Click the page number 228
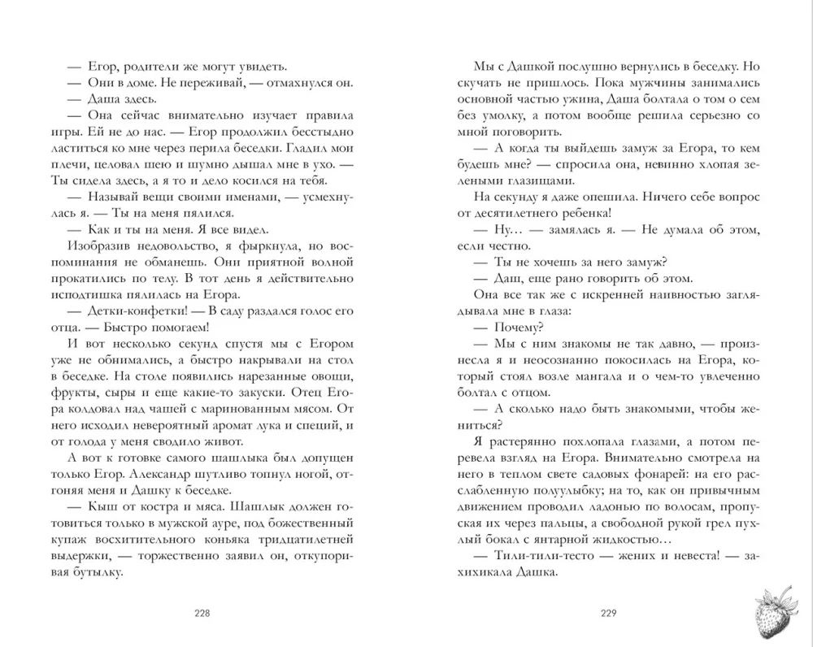[x=198, y=614]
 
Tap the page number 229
[x=607, y=614]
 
